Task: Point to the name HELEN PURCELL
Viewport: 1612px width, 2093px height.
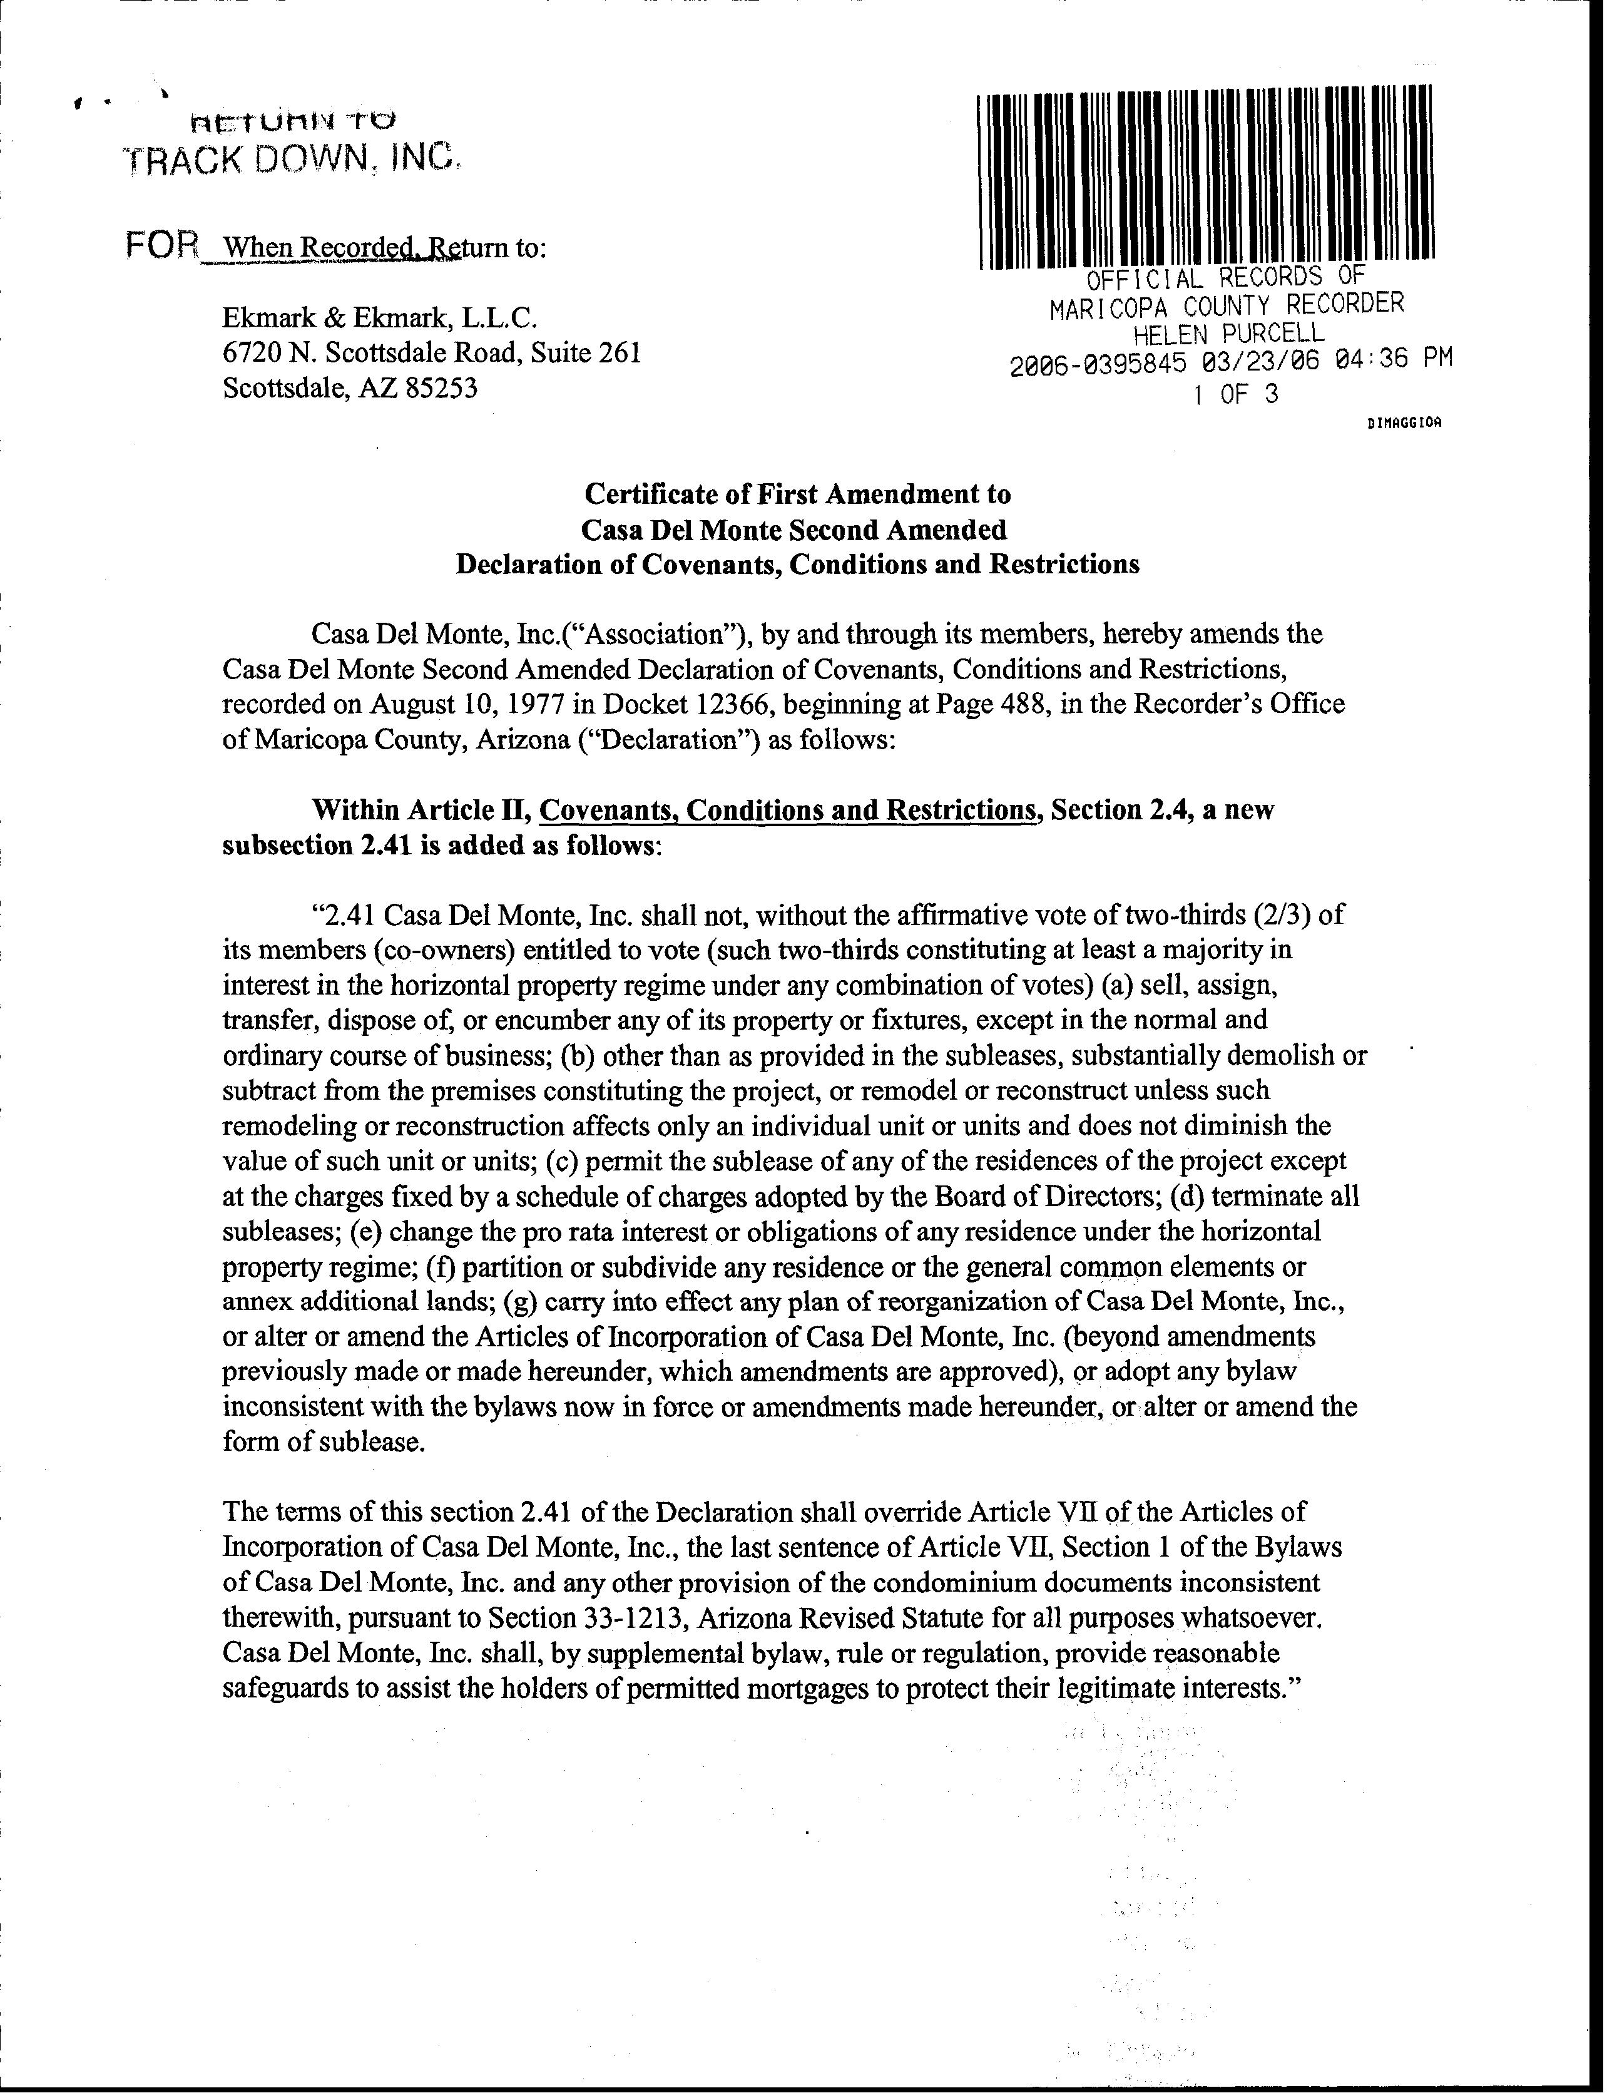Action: pyautogui.click(x=1230, y=334)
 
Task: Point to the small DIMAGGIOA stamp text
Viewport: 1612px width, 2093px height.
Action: pyautogui.click(x=1404, y=422)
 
